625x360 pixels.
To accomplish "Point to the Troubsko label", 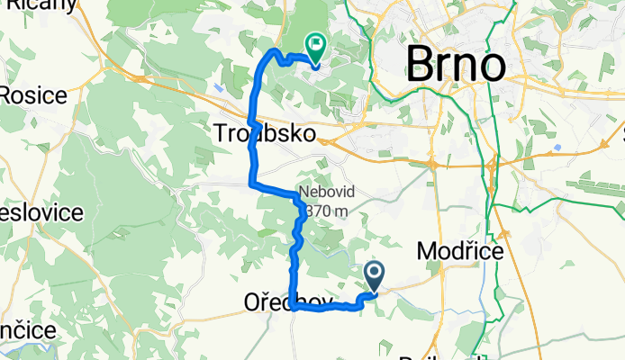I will pyautogui.click(x=266, y=134).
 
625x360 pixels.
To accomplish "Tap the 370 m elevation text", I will pyautogui.click(x=326, y=211).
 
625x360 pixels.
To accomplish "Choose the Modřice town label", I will pyautogui.click(x=460, y=253).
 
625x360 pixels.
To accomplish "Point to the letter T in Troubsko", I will pyautogui.click(x=221, y=134).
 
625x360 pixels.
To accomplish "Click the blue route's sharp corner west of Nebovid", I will pyautogui.click(x=251, y=184).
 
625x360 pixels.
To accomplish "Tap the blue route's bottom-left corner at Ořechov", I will pyautogui.click(x=294, y=308).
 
